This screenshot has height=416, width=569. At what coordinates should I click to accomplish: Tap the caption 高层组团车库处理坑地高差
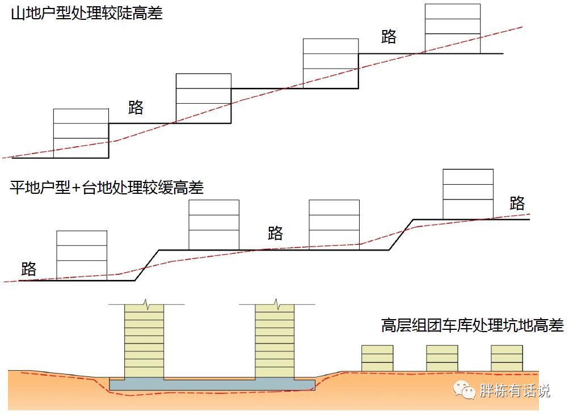click(x=472, y=326)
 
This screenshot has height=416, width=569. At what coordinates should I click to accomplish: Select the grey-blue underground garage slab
click(x=212, y=385)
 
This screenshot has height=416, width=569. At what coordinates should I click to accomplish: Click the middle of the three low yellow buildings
click(x=442, y=358)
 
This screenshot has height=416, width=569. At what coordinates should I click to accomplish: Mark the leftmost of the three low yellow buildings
click(x=377, y=358)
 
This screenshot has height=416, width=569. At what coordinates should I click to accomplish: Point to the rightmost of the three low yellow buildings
click(x=507, y=358)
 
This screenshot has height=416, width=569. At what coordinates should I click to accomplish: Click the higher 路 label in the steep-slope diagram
click(x=389, y=37)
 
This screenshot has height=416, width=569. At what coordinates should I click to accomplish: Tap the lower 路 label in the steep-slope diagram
click(x=136, y=107)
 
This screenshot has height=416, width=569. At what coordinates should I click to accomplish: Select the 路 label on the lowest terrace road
click(x=28, y=269)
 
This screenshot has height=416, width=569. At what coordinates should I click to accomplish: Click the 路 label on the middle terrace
click(x=275, y=233)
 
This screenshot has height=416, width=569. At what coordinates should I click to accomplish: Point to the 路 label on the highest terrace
click(x=517, y=203)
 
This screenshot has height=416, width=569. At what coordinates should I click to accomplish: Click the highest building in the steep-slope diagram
click(x=453, y=29)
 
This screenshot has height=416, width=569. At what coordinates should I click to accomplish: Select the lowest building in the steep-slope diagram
click(x=81, y=133)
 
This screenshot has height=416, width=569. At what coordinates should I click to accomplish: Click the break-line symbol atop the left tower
click(x=146, y=304)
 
